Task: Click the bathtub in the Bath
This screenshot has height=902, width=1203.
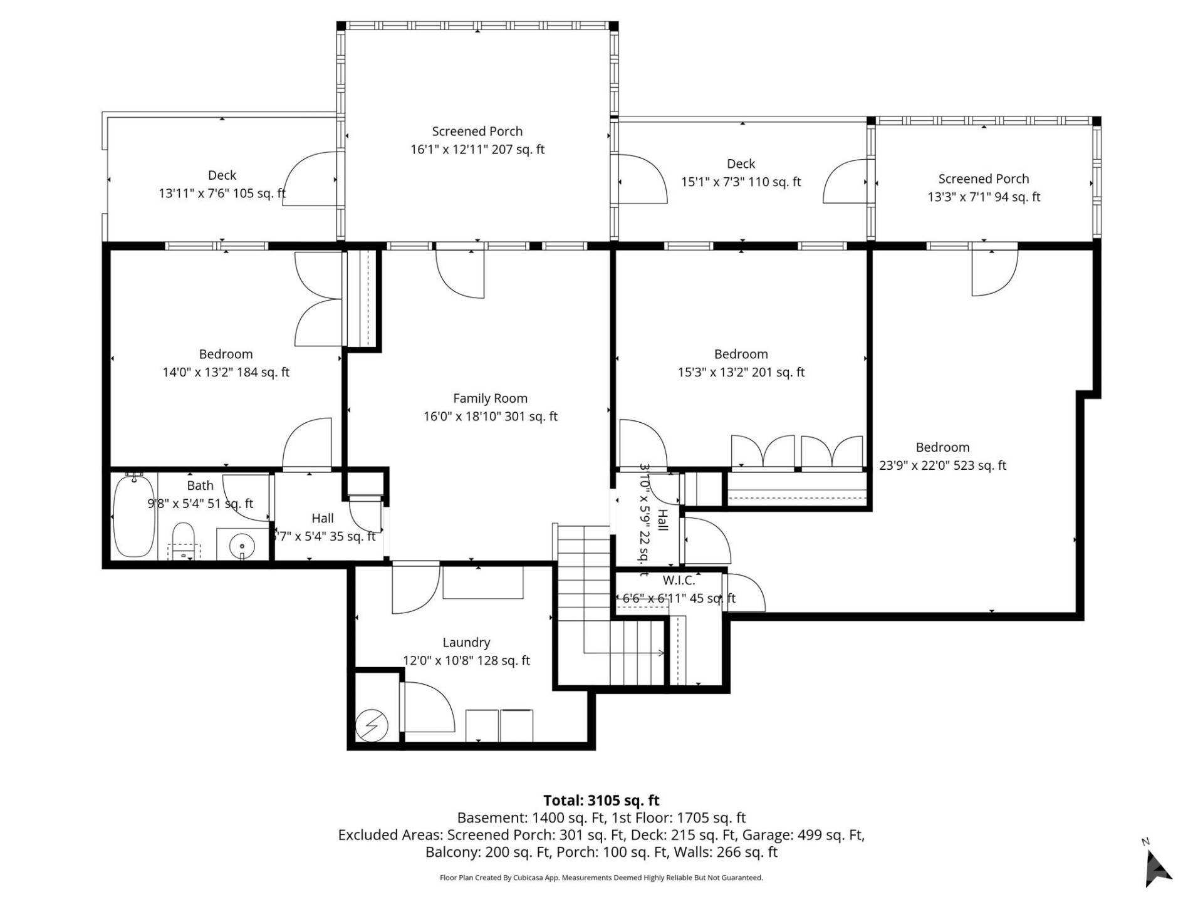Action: tap(133, 516)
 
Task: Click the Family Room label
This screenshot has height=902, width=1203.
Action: tap(490, 398)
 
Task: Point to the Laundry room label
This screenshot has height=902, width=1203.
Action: tap(466, 642)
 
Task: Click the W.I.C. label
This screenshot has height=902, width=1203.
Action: tap(679, 580)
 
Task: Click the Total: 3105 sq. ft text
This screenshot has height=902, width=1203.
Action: tap(601, 801)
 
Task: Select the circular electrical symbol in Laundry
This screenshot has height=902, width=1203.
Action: tap(372, 726)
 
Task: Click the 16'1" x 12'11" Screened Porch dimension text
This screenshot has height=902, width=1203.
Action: tap(477, 150)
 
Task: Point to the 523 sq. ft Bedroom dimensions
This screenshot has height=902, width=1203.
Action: tap(942, 465)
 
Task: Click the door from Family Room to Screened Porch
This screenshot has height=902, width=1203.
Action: tap(461, 273)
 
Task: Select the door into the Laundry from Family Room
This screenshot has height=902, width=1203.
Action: tap(415, 589)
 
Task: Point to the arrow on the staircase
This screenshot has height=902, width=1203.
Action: tap(660, 653)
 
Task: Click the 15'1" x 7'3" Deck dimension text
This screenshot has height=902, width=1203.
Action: tap(741, 182)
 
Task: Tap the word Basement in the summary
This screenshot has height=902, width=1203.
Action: tap(492, 818)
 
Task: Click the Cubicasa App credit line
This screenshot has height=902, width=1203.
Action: tap(601, 878)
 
